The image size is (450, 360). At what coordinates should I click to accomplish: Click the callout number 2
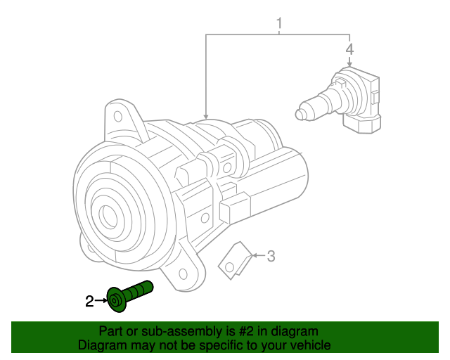pos(89,302)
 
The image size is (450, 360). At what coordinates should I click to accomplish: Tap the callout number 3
pos(271,256)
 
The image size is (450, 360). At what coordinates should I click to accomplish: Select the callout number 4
pos(349,49)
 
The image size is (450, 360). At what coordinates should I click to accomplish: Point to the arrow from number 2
pos(101,301)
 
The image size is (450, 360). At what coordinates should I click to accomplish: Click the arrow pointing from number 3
pos(257,256)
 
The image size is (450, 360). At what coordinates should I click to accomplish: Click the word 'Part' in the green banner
pos(112,331)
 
